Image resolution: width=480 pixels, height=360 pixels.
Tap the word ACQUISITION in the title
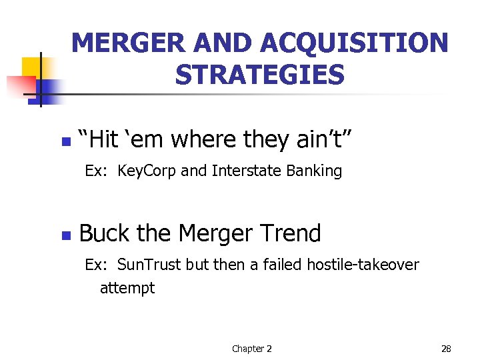point(355,44)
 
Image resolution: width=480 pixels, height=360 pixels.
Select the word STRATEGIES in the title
point(260,75)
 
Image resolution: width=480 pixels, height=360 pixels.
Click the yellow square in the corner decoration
point(31,67)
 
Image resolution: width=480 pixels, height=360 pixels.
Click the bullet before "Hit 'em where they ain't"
point(65,142)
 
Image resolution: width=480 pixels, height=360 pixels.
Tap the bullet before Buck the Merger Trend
point(65,235)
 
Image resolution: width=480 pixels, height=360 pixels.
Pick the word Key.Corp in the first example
point(147,171)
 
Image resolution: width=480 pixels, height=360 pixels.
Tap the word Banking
point(314,171)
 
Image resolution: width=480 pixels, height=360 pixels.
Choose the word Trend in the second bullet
point(290,233)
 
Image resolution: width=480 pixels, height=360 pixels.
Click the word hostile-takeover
point(363,265)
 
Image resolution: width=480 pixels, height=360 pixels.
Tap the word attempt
point(127,288)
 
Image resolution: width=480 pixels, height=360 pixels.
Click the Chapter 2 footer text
point(251,349)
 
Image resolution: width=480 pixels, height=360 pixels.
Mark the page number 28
point(446,349)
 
